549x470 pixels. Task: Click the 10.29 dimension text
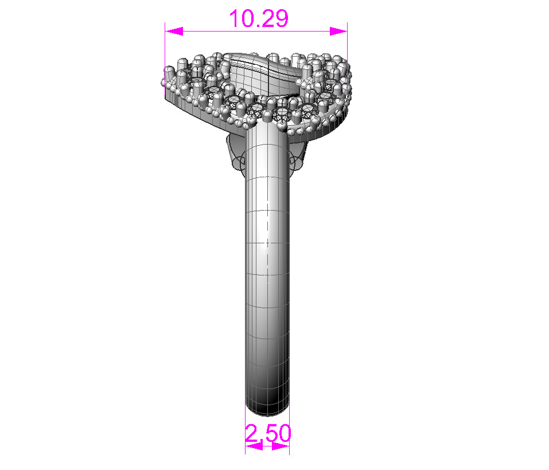258,19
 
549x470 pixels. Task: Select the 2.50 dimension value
268,433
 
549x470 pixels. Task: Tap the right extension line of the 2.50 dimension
289,430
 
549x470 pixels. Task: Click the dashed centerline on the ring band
267,230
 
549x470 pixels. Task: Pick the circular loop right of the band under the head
296,161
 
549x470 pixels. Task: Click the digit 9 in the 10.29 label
279,19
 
